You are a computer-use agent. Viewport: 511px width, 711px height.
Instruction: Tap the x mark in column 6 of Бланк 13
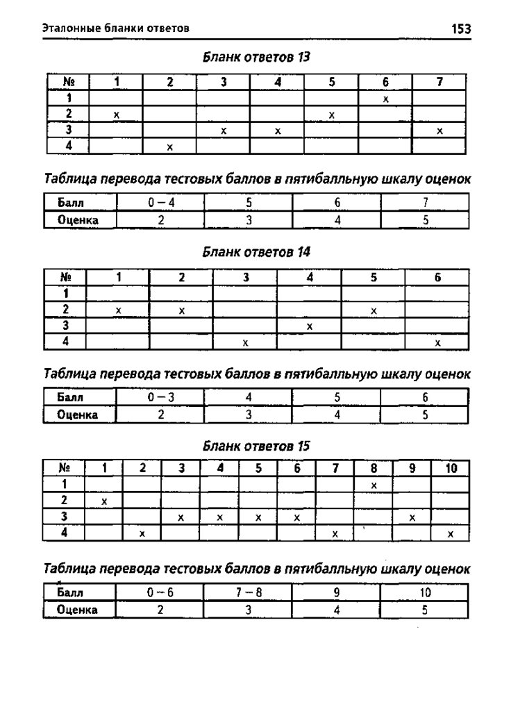[385, 99]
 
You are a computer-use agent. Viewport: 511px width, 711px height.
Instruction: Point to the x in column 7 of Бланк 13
[439, 131]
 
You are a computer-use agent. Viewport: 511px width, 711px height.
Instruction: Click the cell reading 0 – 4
[160, 204]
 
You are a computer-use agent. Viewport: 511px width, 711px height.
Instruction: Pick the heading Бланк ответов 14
[255, 252]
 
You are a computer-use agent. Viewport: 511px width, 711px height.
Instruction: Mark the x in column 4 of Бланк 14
[310, 326]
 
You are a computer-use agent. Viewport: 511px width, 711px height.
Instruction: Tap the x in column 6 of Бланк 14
[437, 342]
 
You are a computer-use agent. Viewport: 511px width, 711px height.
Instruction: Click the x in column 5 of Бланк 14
[374, 310]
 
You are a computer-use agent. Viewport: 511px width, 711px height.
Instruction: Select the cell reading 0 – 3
[160, 398]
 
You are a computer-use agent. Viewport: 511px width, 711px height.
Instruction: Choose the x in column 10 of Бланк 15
[451, 534]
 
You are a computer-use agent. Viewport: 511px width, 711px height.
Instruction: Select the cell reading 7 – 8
[248, 593]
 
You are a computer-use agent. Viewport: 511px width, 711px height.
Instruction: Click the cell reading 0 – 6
[160, 593]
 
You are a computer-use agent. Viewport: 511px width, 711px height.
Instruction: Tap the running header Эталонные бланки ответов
[116, 28]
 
